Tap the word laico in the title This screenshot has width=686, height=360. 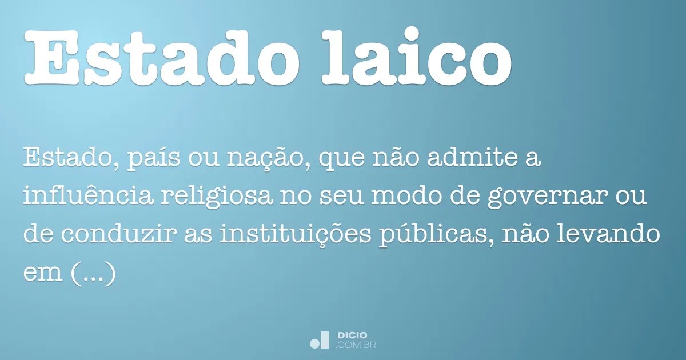click(417, 55)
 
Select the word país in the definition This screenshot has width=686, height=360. click(153, 159)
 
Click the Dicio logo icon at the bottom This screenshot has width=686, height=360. click(319, 340)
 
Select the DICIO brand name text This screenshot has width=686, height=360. click(352, 335)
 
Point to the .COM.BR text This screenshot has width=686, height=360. click(356, 345)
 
